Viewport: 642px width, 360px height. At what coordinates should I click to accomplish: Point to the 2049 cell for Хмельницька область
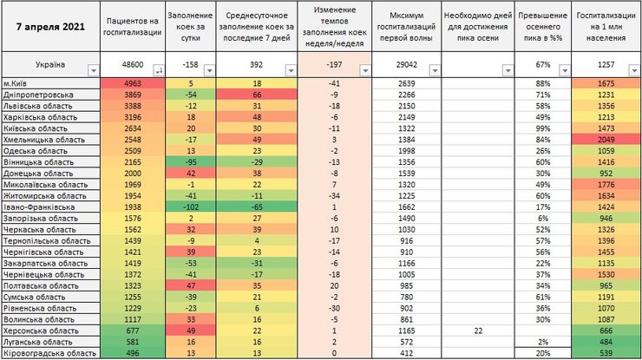(x=606, y=139)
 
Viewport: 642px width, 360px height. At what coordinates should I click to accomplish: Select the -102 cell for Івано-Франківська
(x=187, y=206)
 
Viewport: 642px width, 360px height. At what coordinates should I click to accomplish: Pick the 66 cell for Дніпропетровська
(x=257, y=94)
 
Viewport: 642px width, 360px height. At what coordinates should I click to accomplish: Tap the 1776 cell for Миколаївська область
(x=606, y=184)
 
